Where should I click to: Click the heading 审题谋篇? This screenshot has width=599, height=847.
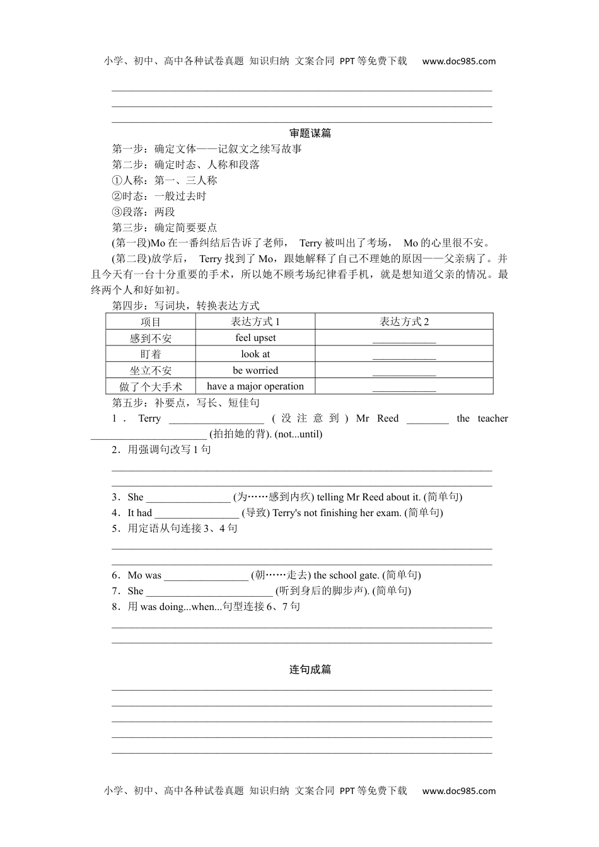tap(310, 133)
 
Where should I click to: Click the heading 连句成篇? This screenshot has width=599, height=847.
tap(310, 669)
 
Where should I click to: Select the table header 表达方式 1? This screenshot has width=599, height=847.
tap(255, 321)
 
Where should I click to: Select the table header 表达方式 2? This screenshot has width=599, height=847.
tap(404, 321)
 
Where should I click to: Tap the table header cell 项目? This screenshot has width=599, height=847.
tap(151, 322)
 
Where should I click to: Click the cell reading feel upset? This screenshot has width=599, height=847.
tap(255, 338)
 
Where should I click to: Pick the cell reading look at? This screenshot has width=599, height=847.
tap(255, 354)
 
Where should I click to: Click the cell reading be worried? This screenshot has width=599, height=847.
tap(255, 371)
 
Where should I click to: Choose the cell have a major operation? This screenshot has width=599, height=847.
tap(255, 386)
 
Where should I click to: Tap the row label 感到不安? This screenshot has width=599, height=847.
tap(151, 338)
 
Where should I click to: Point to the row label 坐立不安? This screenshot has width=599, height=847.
tap(151, 371)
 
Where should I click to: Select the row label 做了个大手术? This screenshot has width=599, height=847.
tap(151, 387)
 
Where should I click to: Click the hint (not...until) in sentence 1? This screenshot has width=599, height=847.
tap(299, 434)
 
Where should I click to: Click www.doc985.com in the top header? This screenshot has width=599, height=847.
tap(458, 61)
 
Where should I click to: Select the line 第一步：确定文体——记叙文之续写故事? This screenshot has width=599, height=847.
tap(207, 149)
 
